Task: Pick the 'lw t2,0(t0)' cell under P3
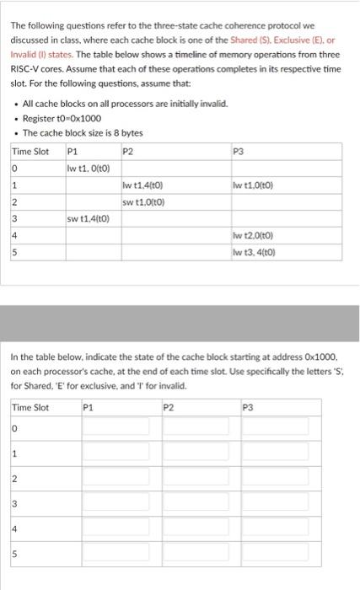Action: click(254, 238)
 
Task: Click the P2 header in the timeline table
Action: click(128, 152)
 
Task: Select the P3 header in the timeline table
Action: click(238, 152)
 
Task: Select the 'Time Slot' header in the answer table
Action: click(30, 408)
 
